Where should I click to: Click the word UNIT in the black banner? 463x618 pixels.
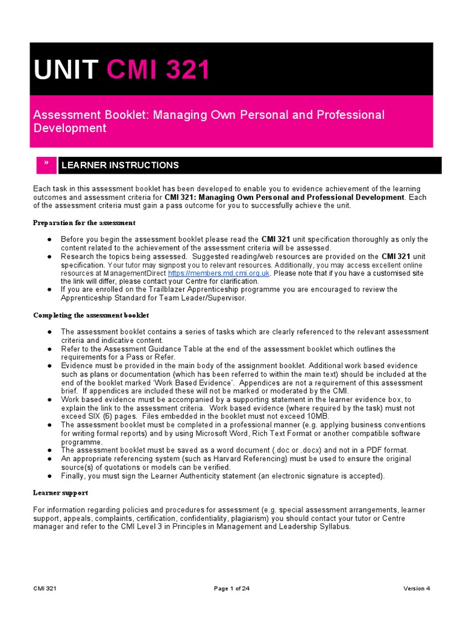coord(66,71)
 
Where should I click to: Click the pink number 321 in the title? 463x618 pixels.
coord(181,71)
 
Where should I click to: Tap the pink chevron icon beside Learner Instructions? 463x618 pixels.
coord(44,165)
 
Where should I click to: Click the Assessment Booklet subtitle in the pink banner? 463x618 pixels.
coord(208,121)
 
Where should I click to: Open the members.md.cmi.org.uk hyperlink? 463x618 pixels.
coord(219,273)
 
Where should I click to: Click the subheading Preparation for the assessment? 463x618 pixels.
coord(84,223)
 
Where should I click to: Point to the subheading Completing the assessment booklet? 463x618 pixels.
coord(90,316)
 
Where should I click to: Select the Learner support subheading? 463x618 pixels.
coord(60,492)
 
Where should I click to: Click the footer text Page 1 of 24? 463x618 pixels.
coord(231,588)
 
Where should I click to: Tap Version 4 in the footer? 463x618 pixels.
coord(417,588)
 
